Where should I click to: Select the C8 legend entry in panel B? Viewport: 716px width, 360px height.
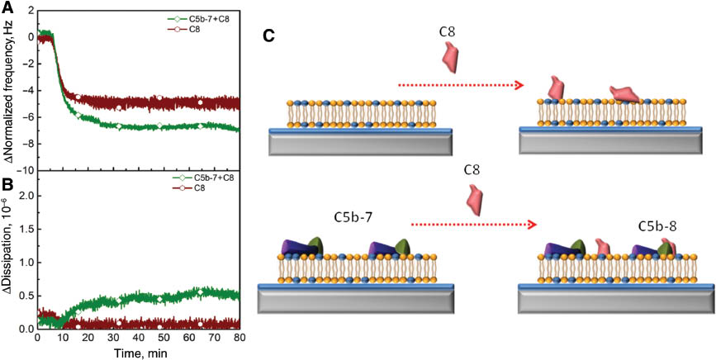[x=200, y=188]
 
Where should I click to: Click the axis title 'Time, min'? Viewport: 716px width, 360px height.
[x=138, y=353]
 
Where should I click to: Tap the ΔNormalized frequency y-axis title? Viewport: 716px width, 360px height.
[x=7, y=87]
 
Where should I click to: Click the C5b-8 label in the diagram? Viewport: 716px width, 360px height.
[x=660, y=225]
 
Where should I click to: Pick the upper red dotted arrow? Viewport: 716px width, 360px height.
[x=461, y=84]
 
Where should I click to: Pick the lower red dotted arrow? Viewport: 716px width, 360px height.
[x=473, y=224]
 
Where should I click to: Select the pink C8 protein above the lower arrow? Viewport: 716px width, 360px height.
[x=473, y=198]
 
